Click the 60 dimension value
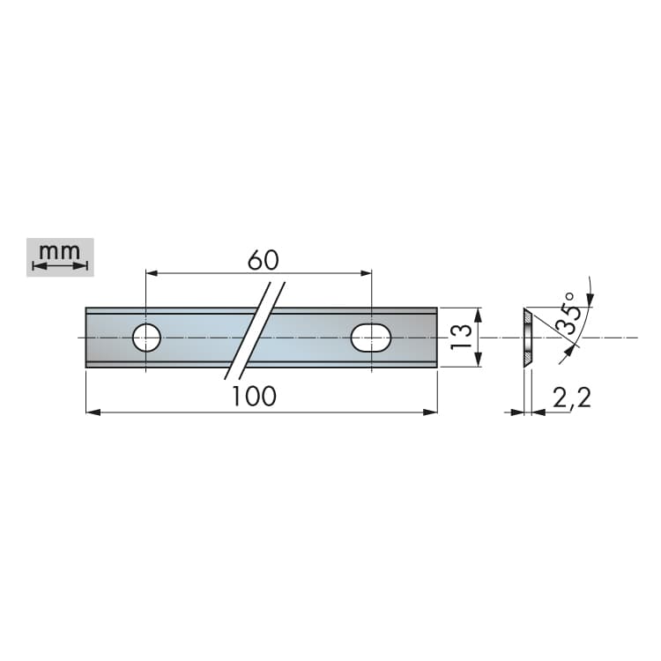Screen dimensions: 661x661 tap(263, 260)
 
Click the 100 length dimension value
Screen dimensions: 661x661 tap(254, 397)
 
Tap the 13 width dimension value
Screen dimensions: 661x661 tap(460, 337)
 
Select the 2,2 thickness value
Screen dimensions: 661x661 tap(572, 397)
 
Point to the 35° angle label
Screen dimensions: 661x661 tap(567, 313)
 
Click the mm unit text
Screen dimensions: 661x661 tap(59, 252)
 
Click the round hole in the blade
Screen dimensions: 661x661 tap(146, 338)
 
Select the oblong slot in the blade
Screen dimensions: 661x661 tap(371, 338)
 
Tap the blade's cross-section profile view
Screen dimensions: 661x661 tap(528, 338)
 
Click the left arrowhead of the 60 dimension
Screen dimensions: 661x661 tap(152, 273)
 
